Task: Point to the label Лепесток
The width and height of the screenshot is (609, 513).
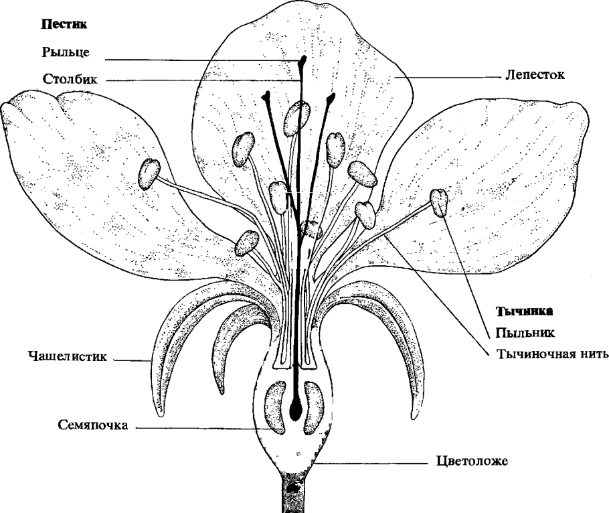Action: tap(535, 76)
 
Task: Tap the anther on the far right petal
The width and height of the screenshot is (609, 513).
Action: tap(439, 202)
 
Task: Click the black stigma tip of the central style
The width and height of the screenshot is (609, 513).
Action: tap(302, 62)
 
